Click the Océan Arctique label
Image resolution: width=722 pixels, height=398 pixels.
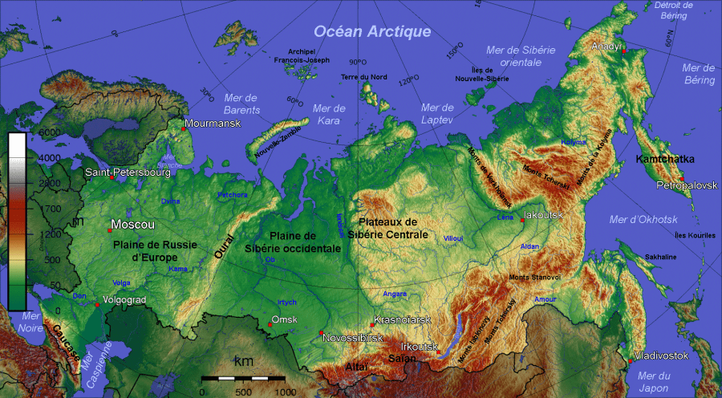[x=371, y=31]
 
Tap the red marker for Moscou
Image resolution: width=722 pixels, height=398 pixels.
[x=109, y=230]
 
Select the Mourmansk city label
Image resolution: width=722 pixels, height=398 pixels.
[x=212, y=124]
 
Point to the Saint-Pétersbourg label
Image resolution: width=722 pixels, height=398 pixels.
[x=128, y=173]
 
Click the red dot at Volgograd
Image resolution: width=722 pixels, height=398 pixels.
[x=97, y=305]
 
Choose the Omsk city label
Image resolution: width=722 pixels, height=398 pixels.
[x=285, y=319]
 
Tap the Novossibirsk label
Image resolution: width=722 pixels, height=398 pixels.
[x=352, y=338]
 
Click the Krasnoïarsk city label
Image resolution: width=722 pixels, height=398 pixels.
[x=402, y=320]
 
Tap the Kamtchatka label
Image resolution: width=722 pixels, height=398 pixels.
[x=665, y=159]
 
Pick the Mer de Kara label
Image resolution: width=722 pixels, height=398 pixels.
[x=328, y=114]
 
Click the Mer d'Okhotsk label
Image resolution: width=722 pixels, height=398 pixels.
[x=643, y=219]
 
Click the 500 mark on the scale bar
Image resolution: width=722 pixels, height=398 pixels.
[x=242, y=391]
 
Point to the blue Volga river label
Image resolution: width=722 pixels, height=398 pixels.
[x=121, y=283]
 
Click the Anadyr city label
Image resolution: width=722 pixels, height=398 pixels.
[x=607, y=47]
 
